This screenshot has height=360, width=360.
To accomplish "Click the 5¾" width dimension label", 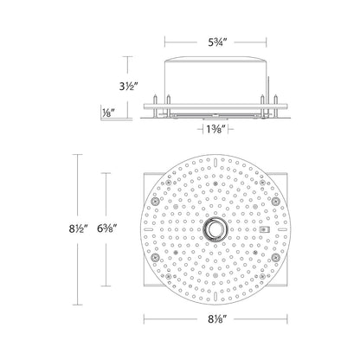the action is tap(216, 42).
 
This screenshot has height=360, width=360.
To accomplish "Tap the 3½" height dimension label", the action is tap(127, 86).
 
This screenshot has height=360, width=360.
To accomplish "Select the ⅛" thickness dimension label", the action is tap(106, 112).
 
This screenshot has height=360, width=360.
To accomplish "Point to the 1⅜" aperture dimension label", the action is tap(215, 130).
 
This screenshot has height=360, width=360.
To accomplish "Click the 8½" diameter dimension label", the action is tap(78, 228).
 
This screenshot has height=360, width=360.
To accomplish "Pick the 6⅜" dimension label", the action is tap(106, 228).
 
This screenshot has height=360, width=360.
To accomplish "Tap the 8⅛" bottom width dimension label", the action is tap(215, 319).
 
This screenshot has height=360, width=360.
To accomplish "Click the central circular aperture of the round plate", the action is tap(215, 229).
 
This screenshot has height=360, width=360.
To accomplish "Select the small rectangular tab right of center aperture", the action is tap(264, 229).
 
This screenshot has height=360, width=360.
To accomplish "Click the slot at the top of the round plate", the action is tap(215, 163).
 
